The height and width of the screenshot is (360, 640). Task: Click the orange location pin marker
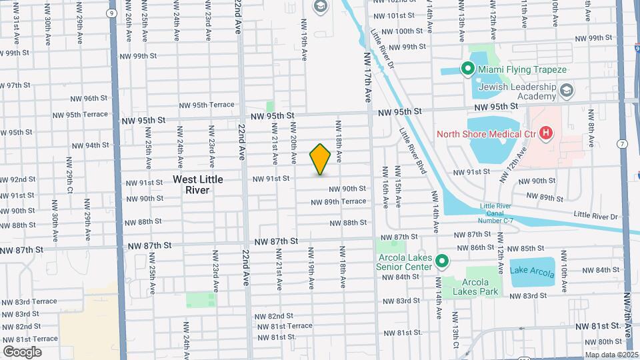point(320,159)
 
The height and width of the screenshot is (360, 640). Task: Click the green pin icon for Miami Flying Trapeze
point(467,69)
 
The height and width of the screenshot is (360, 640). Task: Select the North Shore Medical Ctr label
point(486,133)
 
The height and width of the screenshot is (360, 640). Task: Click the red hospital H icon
point(545,133)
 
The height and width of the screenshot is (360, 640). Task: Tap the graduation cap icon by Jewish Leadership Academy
point(567,89)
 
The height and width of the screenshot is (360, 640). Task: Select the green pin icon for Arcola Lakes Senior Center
point(441,261)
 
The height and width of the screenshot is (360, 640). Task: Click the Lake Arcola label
point(531,270)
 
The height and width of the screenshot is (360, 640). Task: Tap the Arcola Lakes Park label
point(475,286)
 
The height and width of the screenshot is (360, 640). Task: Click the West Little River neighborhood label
point(197,185)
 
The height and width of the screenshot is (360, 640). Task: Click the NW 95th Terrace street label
point(207,105)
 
